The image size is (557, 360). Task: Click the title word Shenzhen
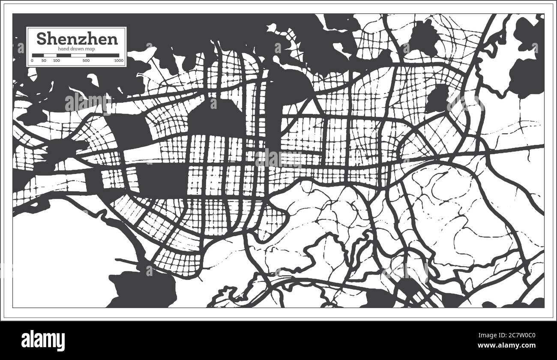click(x=77, y=39)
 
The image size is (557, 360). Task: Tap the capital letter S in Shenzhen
click(x=42, y=39)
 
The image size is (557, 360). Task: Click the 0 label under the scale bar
click(x=33, y=61)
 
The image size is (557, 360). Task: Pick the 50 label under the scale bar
click(x=44, y=61)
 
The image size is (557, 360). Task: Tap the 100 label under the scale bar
click(x=57, y=61)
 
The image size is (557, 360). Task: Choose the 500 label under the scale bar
click(x=86, y=61)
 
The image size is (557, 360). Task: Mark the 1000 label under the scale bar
click(x=119, y=61)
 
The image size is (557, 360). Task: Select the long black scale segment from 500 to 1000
click(x=103, y=55)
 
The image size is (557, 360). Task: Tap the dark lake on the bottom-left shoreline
click(x=144, y=289)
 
